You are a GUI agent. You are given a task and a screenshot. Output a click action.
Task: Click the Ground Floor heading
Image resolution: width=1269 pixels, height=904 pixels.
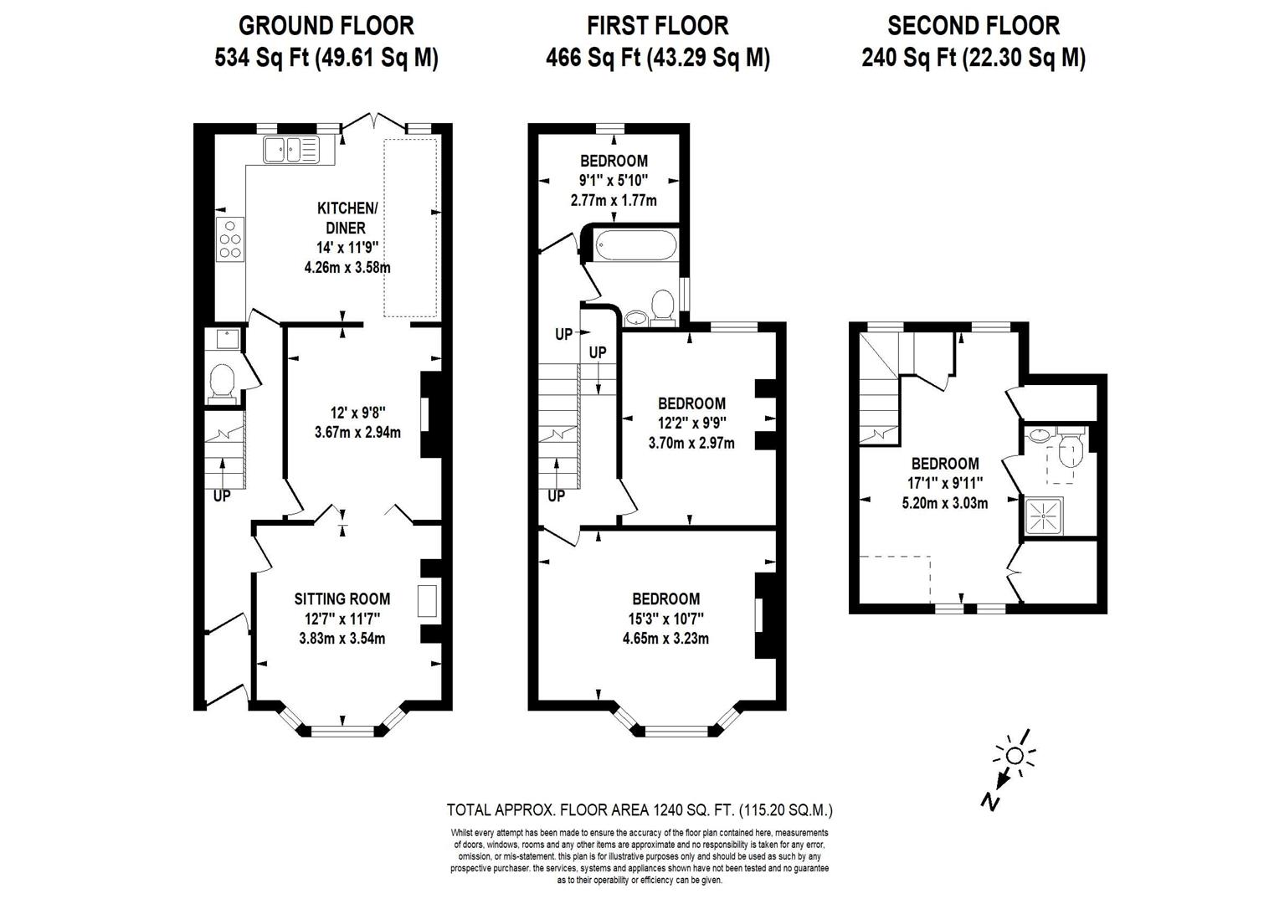click(x=326, y=26)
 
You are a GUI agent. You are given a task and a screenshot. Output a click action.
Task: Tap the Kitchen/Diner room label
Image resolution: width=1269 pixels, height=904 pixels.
click(x=347, y=218)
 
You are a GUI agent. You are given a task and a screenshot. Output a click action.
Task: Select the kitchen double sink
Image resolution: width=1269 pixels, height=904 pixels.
click(x=290, y=150)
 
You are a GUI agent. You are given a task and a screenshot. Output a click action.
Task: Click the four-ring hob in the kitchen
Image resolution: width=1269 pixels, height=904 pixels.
click(x=230, y=239)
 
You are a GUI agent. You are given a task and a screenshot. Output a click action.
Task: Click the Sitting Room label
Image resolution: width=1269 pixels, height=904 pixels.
click(x=342, y=598)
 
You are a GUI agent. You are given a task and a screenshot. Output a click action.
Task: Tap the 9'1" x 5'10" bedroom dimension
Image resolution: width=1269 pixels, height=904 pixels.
click(x=613, y=181)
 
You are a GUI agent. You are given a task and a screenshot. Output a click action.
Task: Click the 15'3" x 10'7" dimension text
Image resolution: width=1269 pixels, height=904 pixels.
click(x=665, y=619)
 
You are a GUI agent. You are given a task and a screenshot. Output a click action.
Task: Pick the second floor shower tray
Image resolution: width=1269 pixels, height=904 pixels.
click(x=1044, y=516)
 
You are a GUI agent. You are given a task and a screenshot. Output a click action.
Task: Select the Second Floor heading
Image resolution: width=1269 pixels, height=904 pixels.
click(x=974, y=26)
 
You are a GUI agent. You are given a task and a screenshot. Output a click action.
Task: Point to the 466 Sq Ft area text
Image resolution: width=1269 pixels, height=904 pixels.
click(x=593, y=58)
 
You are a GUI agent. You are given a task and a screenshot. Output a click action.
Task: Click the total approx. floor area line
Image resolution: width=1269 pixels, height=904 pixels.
click(x=640, y=810)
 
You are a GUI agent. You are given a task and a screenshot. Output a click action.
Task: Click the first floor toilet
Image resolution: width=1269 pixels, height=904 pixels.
click(x=662, y=307)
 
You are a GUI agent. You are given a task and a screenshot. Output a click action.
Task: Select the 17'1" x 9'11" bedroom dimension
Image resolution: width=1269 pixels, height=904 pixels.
click(x=945, y=483)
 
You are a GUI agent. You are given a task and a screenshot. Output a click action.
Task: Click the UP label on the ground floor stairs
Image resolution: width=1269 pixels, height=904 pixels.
click(x=222, y=496)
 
